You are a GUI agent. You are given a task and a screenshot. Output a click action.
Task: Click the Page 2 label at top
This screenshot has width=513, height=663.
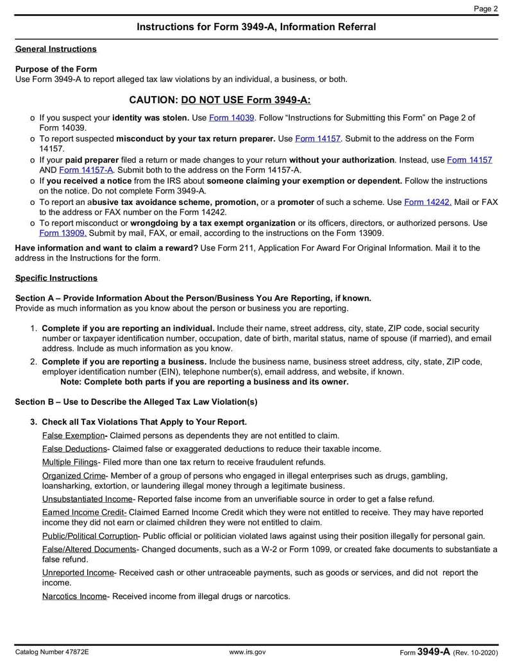[485, 8]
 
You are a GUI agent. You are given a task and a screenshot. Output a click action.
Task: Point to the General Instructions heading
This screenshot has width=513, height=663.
[56, 49]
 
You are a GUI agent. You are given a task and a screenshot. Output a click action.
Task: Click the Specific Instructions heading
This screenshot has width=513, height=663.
[56, 278]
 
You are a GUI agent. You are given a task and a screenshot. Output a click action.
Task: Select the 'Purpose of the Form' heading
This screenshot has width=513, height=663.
[56, 69]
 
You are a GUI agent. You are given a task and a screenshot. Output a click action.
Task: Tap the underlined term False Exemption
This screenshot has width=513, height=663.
[72, 436]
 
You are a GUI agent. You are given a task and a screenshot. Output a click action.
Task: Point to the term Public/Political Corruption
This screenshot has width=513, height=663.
[90, 536]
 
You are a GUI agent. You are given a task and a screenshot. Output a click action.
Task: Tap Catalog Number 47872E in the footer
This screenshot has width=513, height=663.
[52, 652]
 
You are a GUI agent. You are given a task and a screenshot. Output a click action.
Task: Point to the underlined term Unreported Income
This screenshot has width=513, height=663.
[78, 573]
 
